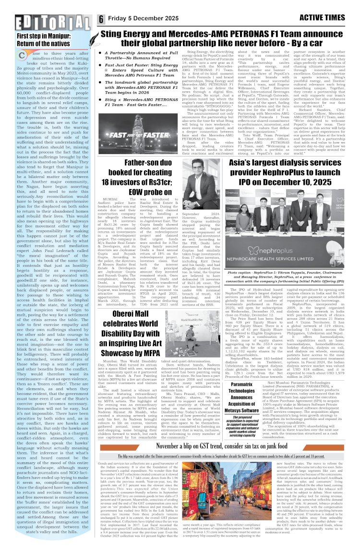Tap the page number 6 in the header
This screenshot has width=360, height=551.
tap(101, 19)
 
